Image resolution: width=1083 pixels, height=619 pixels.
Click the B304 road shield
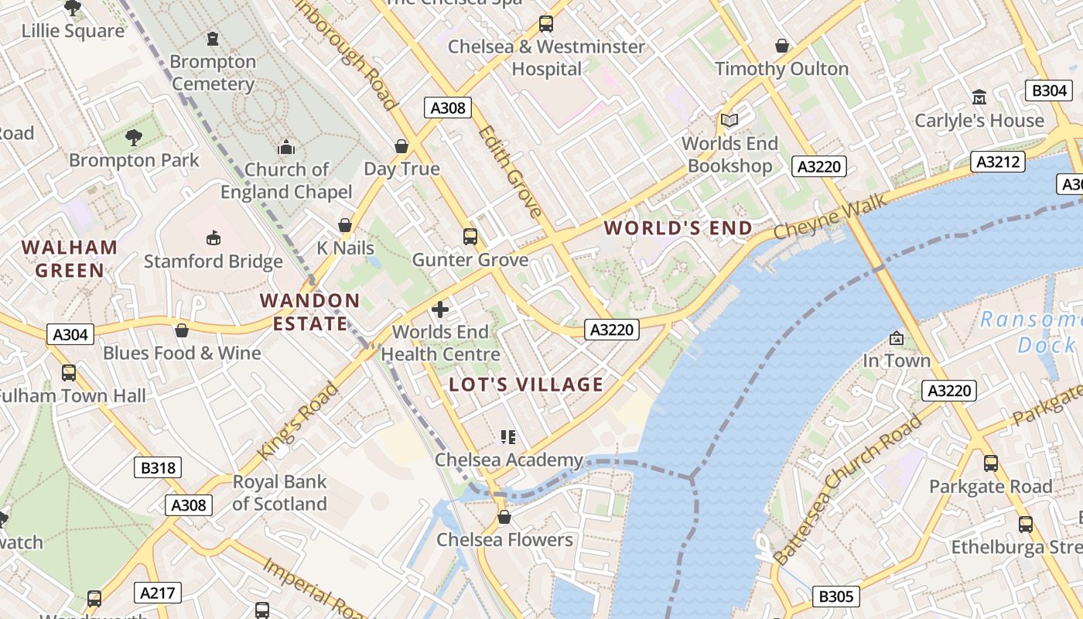pos(1050,91)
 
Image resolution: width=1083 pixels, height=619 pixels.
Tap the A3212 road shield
pos(998,162)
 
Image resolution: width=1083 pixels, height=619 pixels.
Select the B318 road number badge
pos(158,467)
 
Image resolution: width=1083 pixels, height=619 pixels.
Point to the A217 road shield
pos(158,593)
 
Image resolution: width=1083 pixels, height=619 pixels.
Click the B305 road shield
pos(836,596)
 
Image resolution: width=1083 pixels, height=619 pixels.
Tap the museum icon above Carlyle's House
pos(979,97)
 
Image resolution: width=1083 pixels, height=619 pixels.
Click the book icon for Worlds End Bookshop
pos(729,120)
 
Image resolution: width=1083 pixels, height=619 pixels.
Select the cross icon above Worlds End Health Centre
pos(440,309)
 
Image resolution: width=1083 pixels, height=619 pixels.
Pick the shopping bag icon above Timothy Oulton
pos(782,46)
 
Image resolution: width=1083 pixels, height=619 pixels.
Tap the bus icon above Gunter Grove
pos(470,236)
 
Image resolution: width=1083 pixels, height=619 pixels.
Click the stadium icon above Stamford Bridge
pos(213,238)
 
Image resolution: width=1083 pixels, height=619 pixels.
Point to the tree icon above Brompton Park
pos(134,138)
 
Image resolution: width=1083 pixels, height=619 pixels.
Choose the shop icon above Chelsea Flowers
pos(504,516)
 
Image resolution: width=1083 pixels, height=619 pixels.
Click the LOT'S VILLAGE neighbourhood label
pos(526,385)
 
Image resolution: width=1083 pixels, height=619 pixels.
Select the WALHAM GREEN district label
pos(70,258)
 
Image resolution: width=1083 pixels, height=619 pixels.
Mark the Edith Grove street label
pos(510,172)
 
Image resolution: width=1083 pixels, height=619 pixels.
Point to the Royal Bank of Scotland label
pos(279,493)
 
